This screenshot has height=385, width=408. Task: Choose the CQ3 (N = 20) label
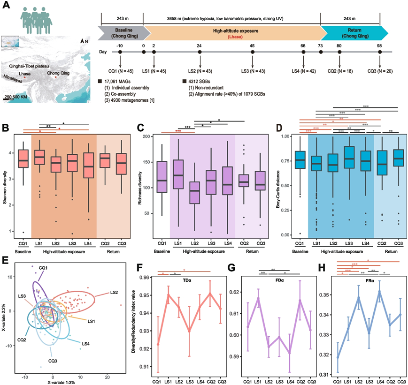[379, 70]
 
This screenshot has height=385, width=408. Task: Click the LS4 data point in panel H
[380, 292]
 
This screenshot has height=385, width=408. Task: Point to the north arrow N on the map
[85, 42]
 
